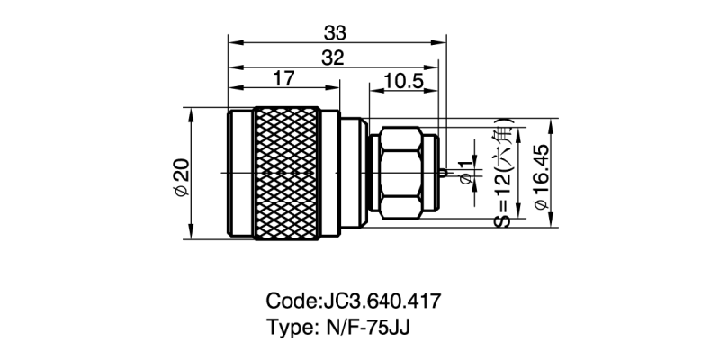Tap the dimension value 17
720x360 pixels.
(283, 79)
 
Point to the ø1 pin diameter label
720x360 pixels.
(465, 175)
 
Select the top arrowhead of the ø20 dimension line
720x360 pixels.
(191, 111)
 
